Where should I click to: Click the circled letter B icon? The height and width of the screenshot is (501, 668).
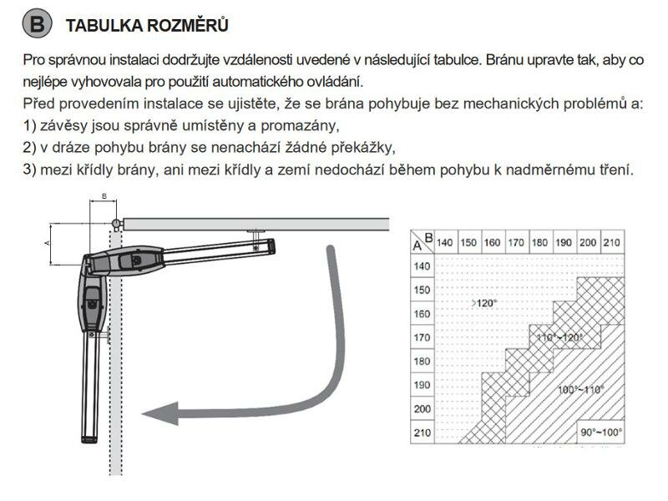pos(37,23)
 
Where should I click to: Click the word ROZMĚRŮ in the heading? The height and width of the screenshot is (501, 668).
pos(187,25)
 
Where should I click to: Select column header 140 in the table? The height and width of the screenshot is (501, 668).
pos(444,242)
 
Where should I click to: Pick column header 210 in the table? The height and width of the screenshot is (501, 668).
pos(611,242)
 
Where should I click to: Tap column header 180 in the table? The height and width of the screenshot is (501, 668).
pos(539,242)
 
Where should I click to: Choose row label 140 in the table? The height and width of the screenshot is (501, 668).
pos(422,266)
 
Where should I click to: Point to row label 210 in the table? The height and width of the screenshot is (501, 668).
pos(422,433)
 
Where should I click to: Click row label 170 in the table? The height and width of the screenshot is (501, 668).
pos(422,337)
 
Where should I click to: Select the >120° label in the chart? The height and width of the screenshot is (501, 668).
pos(484,303)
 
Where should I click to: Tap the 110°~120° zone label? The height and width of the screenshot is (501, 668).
pos(559,337)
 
